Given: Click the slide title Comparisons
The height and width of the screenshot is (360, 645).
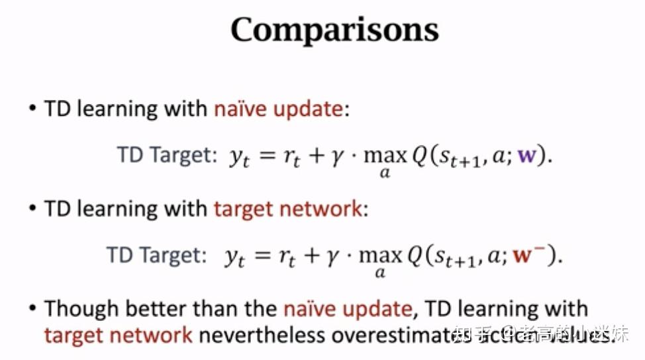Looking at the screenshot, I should [334, 30].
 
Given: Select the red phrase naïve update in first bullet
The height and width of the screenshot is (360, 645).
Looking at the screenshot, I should [278, 109].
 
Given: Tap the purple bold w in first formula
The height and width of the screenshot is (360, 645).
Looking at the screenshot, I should [527, 157].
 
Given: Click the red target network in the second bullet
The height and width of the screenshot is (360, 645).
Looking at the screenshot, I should [288, 209].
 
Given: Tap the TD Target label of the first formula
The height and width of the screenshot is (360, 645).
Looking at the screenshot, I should [167, 156].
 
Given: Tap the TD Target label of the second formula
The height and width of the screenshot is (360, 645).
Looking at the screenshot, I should [156, 255].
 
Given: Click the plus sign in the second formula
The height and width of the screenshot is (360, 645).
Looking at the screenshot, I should [311, 256].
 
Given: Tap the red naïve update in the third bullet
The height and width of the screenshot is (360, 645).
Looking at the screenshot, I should [348, 309].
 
